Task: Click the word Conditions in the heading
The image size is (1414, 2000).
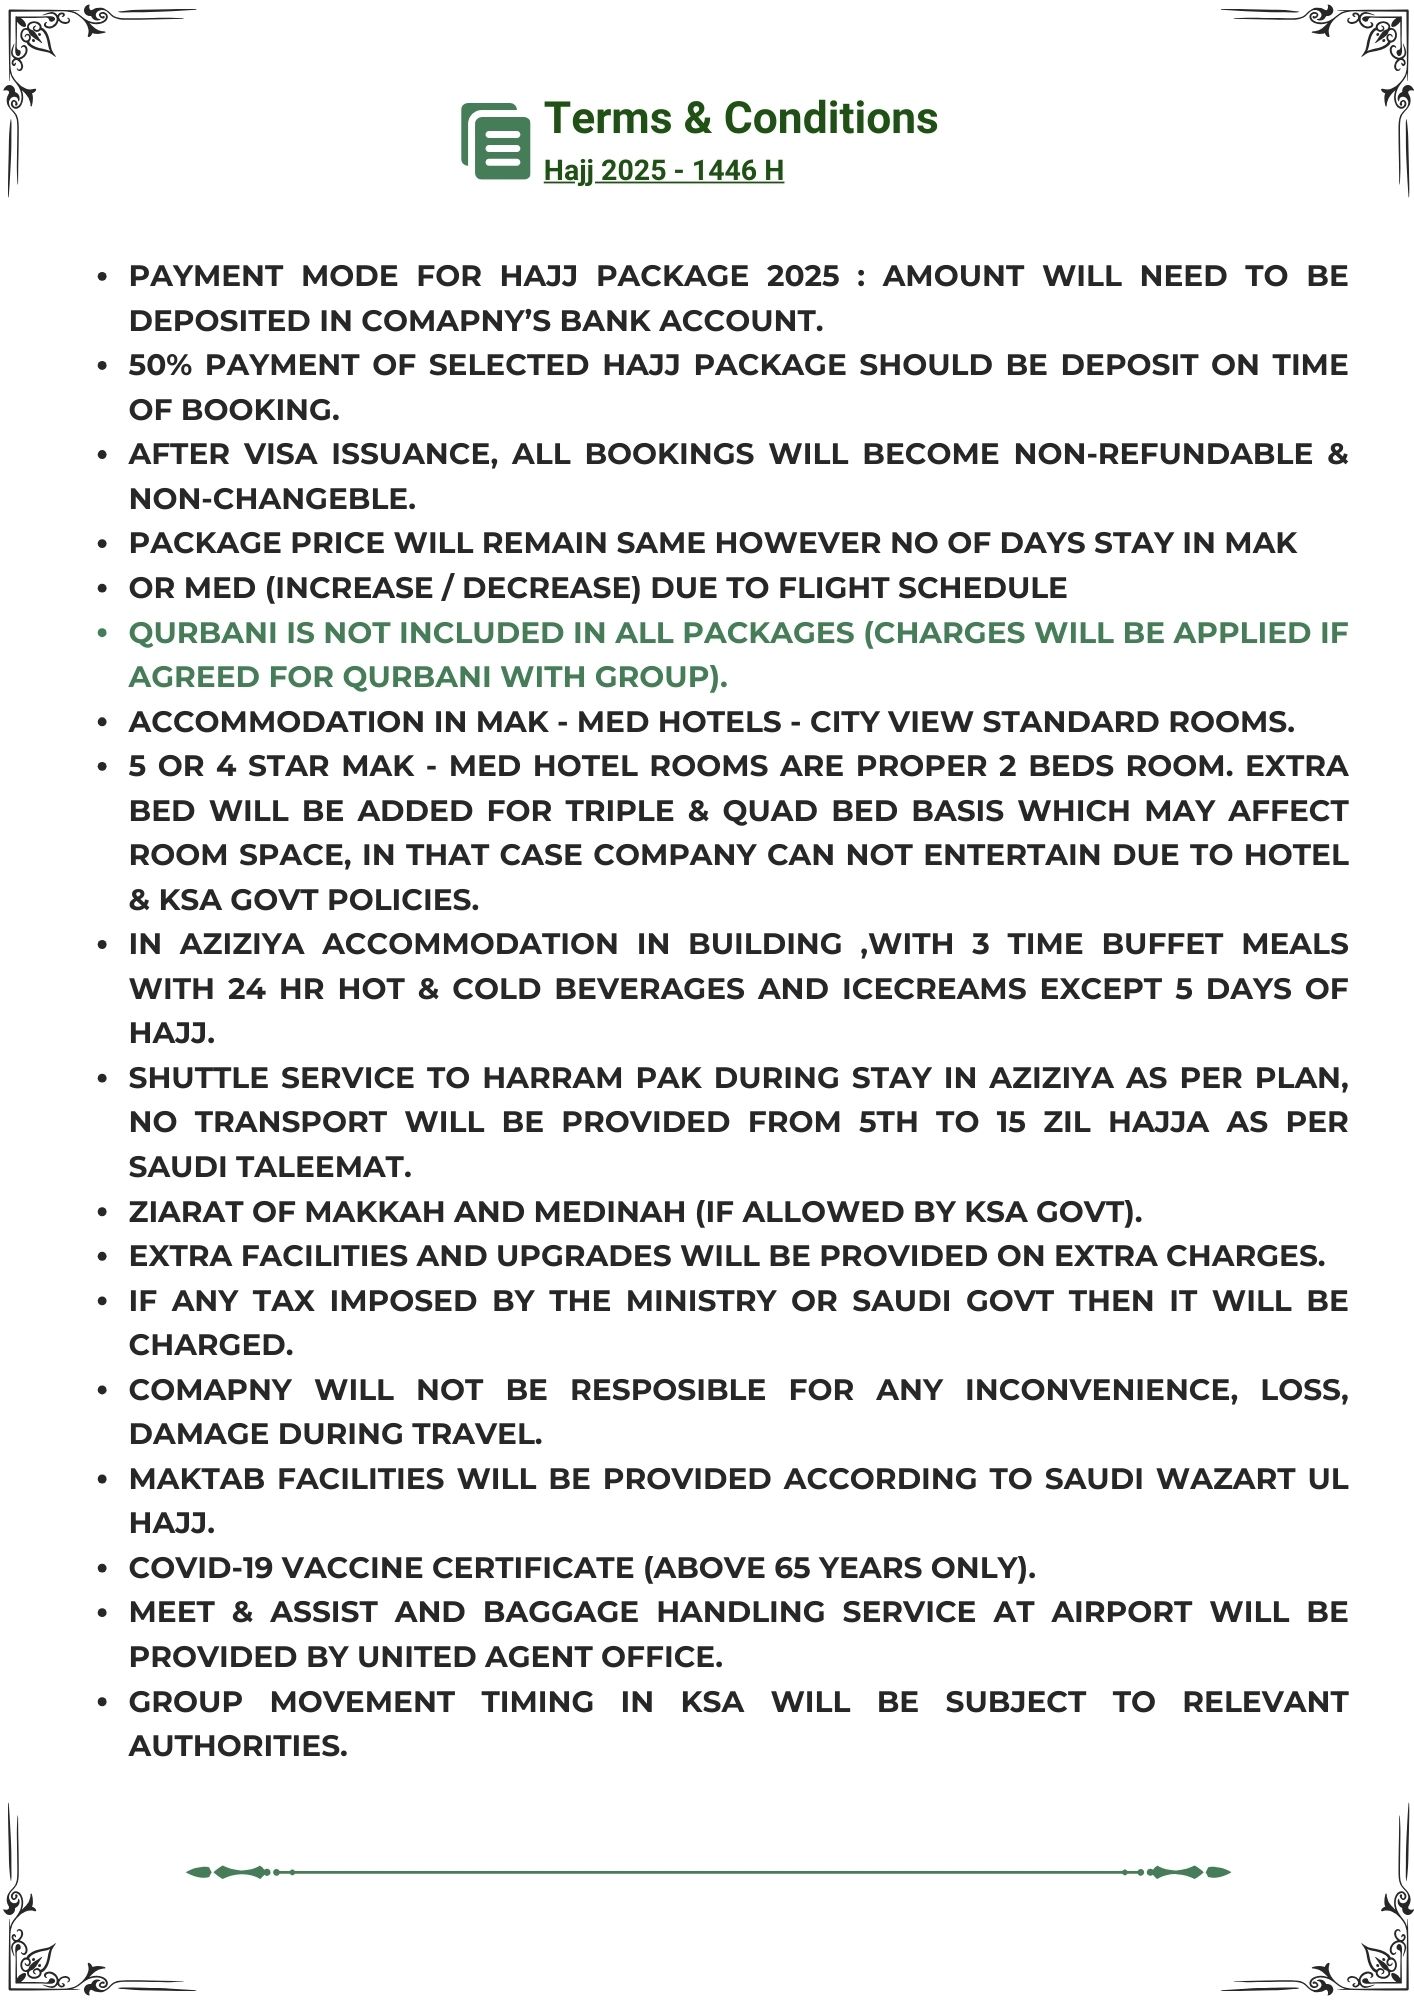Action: click(830, 118)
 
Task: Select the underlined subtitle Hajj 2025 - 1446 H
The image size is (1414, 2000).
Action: click(663, 171)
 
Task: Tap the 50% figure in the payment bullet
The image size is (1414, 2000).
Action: click(160, 365)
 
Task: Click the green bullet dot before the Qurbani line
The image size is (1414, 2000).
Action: click(102, 632)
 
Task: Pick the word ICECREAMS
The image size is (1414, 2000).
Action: click(934, 988)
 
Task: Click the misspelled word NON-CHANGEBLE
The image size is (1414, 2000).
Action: click(272, 498)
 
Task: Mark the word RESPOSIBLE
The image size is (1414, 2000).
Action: click(668, 1389)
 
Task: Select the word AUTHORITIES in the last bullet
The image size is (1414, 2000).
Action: click(238, 1745)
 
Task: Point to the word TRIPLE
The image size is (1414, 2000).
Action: click(616, 810)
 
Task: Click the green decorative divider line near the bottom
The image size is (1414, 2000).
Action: click(708, 1871)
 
